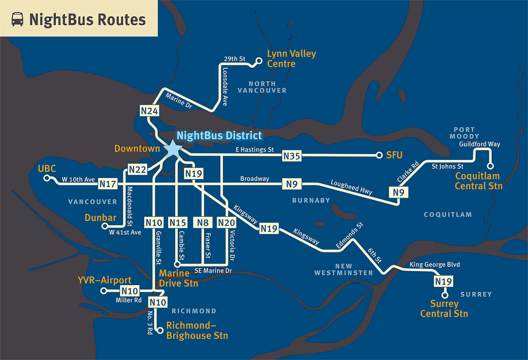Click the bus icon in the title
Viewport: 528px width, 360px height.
pyautogui.click(x=17, y=19)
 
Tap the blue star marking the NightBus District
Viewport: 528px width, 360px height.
pyautogui.click(x=173, y=149)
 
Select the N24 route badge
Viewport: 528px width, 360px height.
pyautogui.click(x=149, y=111)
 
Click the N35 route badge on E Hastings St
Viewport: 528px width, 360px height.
pyautogui.click(x=292, y=156)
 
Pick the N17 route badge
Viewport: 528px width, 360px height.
pyautogui.click(x=108, y=184)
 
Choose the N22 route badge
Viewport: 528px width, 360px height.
pyautogui.click(x=137, y=169)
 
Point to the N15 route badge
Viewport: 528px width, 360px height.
pyautogui.click(x=177, y=223)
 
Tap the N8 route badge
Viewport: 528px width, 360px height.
pyautogui.click(x=203, y=223)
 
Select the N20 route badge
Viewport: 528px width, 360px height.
pyautogui.click(x=226, y=223)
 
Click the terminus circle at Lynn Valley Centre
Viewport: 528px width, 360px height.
pyautogui.click(x=259, y=61)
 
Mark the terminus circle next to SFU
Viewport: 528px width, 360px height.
pyautogui.click(x=379, y=155)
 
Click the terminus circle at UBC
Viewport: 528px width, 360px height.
pyautogui.click(x=46, y=178)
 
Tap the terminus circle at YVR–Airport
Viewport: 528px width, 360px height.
pyautogui.click(x=103, y=291)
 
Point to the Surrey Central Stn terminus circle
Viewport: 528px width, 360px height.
pyautogui.click(x=445, y=295)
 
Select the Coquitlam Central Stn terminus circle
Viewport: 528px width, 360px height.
pyautogui.click(x=490, y=166)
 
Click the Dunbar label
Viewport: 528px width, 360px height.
pyautogui.click(x=100, y=217)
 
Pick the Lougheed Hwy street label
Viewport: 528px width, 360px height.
pyautogui.click(x=351, y=187)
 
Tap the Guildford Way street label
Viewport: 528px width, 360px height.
pyautogui.click(x=479, y=144)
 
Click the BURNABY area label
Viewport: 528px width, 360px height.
pyautogui.click(x=311, y=200)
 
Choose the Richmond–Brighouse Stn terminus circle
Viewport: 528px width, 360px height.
pyautogui.click(x=160, y=330)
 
